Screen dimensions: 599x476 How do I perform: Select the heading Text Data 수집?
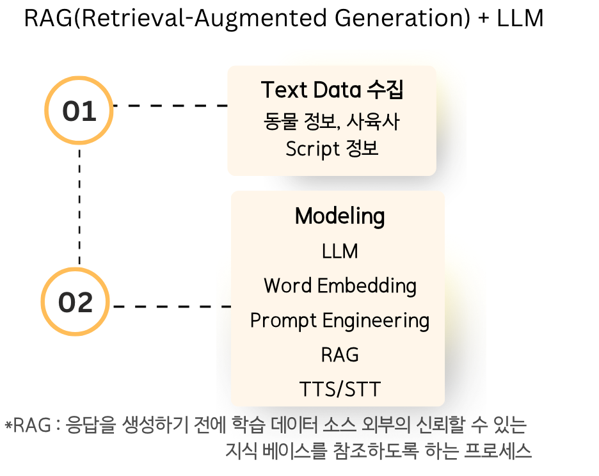pos(332,90)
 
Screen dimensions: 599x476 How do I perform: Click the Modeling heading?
pos(340,216)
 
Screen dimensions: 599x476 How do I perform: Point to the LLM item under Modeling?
pos(340,251)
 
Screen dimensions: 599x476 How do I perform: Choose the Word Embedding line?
pos(340,286)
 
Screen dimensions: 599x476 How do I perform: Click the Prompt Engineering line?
pos(340,321)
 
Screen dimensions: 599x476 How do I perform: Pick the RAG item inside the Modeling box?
pos(340,354)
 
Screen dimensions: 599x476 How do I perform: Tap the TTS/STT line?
pos(340,389)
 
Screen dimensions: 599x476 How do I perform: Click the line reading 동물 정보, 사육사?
pos(331,122)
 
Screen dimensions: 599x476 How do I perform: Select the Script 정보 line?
pos(332,148)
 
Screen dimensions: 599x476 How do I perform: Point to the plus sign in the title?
pos(483,19)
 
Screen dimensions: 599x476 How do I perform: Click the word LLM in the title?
pos(520,18)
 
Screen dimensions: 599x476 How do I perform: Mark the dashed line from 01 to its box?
pos(171,106)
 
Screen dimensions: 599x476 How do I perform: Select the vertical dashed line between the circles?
pos(79,206)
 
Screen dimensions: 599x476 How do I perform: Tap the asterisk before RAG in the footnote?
pos(8,425)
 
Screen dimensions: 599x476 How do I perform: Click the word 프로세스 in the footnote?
pos(498,451)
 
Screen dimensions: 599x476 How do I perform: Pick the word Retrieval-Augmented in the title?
pos(204,19)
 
